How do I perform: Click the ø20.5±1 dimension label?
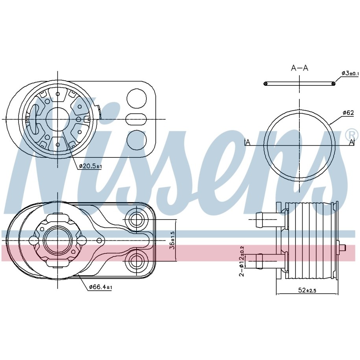pos(90,166)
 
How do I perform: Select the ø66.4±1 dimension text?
pos(101,287)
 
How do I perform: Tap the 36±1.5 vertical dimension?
pos(173,240)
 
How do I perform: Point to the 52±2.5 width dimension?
pos(307,290)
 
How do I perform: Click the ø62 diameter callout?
pos(348,113)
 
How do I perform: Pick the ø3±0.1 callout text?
pos(350,73)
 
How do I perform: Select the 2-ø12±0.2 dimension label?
pos(242,261)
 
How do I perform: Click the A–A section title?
pos(299,68)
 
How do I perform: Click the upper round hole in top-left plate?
pos(137,98)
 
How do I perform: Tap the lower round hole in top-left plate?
pos(137,140)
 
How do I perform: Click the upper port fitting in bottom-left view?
pos(137,220)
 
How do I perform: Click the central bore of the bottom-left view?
pos(57,240)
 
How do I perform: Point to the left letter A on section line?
pos(247,142)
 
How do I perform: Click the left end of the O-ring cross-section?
pos(266,84)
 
